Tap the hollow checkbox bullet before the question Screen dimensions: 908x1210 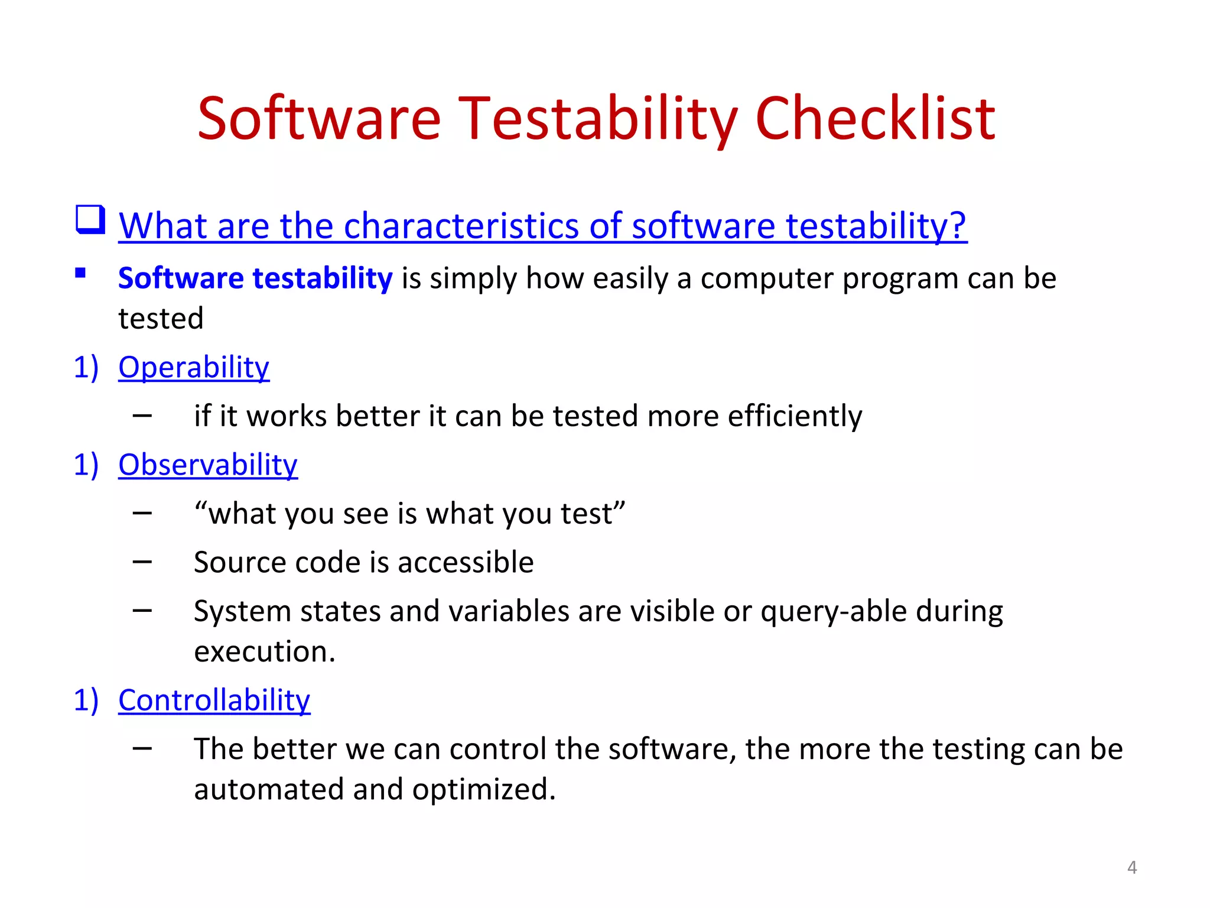tap(90, 220)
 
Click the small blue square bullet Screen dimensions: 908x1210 tap(81, 273)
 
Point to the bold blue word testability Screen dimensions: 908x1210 tap(322, 278)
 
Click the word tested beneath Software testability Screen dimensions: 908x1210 tap(161, 318)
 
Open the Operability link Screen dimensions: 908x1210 tap(194, 367)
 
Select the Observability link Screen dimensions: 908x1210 tap(208, 465)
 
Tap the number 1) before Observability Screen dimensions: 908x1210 tap(86, 465)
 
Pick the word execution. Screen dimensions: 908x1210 tap(264, 651)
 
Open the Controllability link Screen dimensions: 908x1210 tap(214, 700)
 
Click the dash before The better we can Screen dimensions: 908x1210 tap(142, 748)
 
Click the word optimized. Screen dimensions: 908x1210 tap(483, 789)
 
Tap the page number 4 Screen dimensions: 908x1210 tap(1131, 867)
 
